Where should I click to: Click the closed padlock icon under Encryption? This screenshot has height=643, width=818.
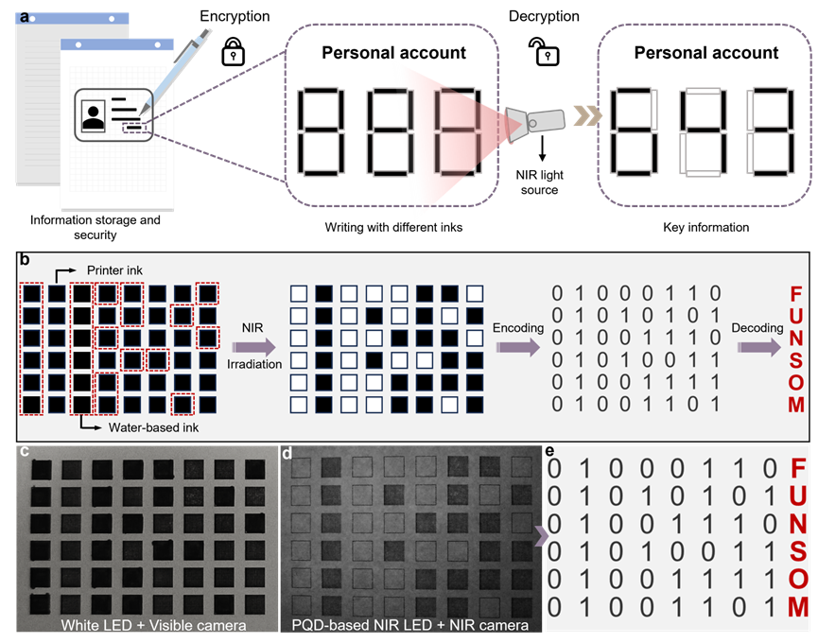[x=234, y=51]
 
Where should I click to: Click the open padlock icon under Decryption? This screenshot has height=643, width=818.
[x=544, y=51]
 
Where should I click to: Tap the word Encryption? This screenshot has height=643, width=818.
[x=235, y=16]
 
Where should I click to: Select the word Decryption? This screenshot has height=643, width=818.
[x=544, y=16]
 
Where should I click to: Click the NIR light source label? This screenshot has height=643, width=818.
[x=539, y=182]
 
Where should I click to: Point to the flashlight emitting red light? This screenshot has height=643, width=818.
[x=535, y=124]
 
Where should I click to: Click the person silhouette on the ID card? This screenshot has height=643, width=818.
[x=94, y=117]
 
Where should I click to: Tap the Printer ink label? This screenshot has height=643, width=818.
[x=114, y=270]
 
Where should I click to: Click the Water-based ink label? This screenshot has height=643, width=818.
[x=153, y=427]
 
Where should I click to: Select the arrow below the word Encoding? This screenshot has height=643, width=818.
[x=518, y=347]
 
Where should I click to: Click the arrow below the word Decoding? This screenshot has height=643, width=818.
[x=759, y=347]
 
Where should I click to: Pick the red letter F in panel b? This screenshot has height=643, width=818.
[x=795, y=293]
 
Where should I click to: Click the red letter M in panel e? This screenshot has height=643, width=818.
[x=798, y=607]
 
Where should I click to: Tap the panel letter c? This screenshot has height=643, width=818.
[x=25, y=450]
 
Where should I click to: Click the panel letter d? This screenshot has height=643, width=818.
[x=287, y=453]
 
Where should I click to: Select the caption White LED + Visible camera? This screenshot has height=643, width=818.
[x=153, y=625]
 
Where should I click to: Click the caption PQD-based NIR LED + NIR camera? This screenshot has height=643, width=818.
[x=410, y=625]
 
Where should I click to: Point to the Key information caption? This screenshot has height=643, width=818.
[x=705, y=227]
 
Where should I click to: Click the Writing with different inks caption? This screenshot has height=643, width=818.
[x=393, y=227]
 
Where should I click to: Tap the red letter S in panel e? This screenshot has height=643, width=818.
[x=798, y=551]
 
